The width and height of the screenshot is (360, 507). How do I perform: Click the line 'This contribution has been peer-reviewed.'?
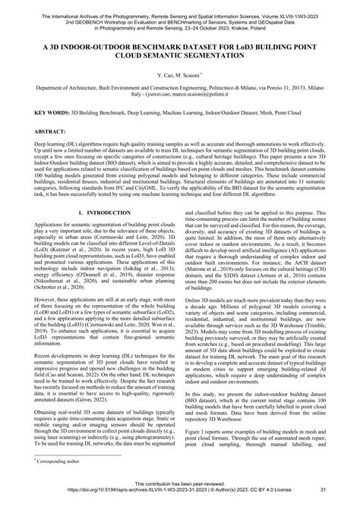pos(179,494)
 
